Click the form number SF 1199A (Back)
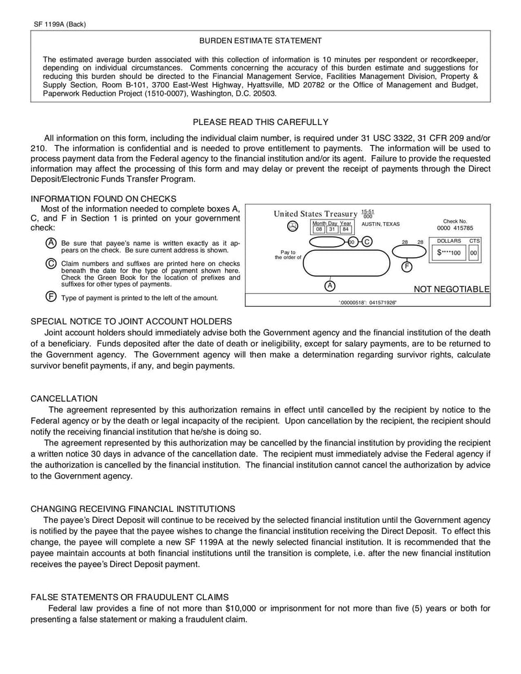(60, 24)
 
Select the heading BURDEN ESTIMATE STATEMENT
(260, 41)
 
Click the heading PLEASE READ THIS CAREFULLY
(260, 122)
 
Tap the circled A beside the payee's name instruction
(51, 243)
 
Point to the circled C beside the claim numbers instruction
(51, 263)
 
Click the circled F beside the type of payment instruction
(51, 297)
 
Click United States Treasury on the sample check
(315, 214)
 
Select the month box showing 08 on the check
(319, 230)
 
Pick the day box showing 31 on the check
(332, 230)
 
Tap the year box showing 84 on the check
(345, 230)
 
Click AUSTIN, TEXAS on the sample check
(381, 224)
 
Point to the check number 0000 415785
(455, 229)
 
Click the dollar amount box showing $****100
(449, 253)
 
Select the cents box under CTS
(473, 253)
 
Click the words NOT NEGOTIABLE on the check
(452, 289)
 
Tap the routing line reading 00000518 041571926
(368, 303)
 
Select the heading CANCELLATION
(64, 399)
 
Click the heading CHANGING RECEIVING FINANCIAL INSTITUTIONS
(134, 508)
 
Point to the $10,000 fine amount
(240, 608)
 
